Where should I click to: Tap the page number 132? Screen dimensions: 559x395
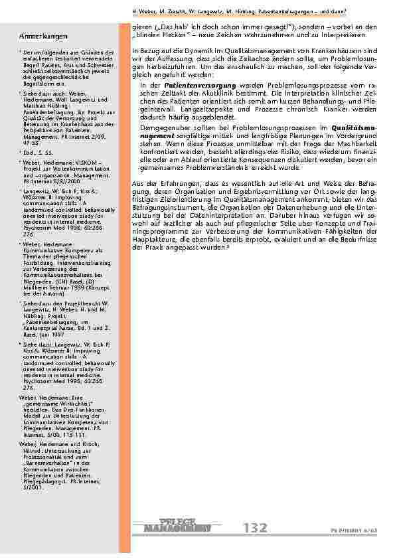[x=256, y=528]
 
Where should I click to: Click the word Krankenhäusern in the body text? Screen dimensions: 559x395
[x=330, y=50]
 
